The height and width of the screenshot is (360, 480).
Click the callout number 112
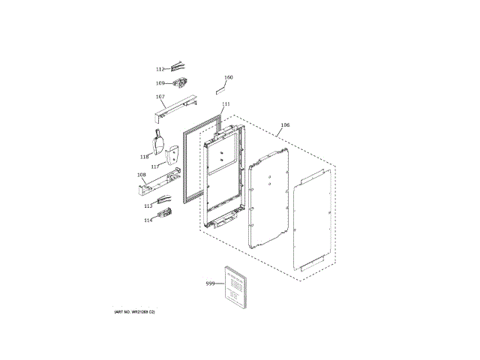(160, 69)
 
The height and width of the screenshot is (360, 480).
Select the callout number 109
(160, 83)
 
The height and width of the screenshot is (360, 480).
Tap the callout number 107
(160, 97)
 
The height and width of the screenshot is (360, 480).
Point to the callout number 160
(229, 77)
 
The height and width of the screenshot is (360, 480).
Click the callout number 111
(226, 104)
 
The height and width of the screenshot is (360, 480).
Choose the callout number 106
(284, 125)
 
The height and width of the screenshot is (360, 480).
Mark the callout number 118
(144, 157)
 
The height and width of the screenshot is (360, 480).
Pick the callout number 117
(154, 166)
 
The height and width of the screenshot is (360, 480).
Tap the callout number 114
(148, 220)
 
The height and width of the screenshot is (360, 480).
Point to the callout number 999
(210, 283)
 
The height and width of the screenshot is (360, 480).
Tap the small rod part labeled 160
(220, 88)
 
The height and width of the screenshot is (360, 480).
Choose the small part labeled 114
(166, 217)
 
